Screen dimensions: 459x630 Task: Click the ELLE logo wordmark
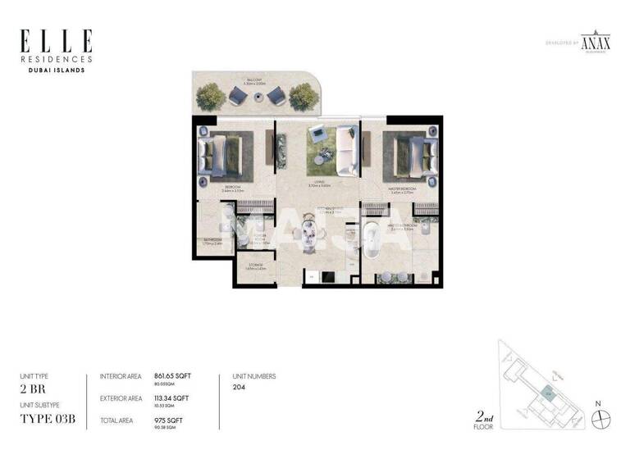(57, 41)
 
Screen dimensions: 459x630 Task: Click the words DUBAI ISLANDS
(57, 70)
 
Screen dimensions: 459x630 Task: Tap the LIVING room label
(319, 182)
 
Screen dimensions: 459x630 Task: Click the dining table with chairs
(310, 238)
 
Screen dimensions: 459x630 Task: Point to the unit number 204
(240, 387)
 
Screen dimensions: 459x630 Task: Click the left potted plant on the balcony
(212, 96)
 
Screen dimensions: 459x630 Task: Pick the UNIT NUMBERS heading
(254, 376)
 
